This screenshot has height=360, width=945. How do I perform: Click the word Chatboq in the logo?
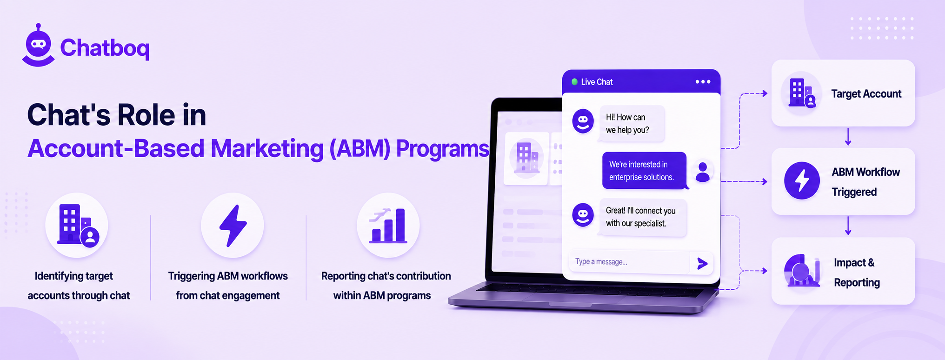(105, 48)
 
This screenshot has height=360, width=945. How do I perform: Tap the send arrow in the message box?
(702, 264)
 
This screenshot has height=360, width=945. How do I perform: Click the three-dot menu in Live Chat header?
(703, 82)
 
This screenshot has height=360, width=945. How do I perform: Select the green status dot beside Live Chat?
(574, 82)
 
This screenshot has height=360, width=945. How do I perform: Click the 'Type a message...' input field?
(629, 262)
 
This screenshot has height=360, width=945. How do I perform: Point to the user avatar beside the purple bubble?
(703, 172)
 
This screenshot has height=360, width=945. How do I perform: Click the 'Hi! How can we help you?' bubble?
(632, 124)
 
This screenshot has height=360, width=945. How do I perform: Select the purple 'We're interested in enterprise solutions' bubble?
(644, 171)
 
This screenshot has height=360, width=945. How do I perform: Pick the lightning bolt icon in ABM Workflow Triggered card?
(802, 180)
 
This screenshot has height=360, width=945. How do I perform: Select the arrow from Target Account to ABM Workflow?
(848, 137)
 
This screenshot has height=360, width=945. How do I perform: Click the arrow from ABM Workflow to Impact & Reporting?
(848, 226)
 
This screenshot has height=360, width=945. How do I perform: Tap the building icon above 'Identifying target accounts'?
(77, 225)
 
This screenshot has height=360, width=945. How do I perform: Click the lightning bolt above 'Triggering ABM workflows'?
(233, 225)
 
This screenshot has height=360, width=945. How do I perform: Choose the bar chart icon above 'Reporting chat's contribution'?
(388, 226)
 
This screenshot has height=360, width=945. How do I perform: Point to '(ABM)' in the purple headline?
(360, 149)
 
